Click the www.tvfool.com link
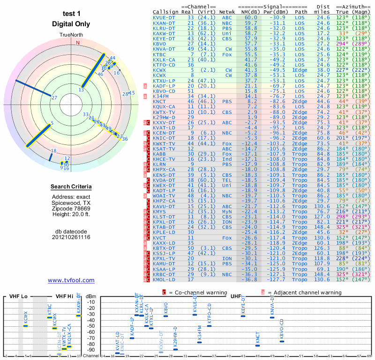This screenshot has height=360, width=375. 71,280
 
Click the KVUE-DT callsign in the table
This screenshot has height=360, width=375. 164,17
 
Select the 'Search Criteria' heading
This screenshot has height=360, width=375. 71,187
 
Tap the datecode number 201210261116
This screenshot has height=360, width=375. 71,237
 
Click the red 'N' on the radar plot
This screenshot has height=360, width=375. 78,43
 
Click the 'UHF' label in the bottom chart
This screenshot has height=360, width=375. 236,296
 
